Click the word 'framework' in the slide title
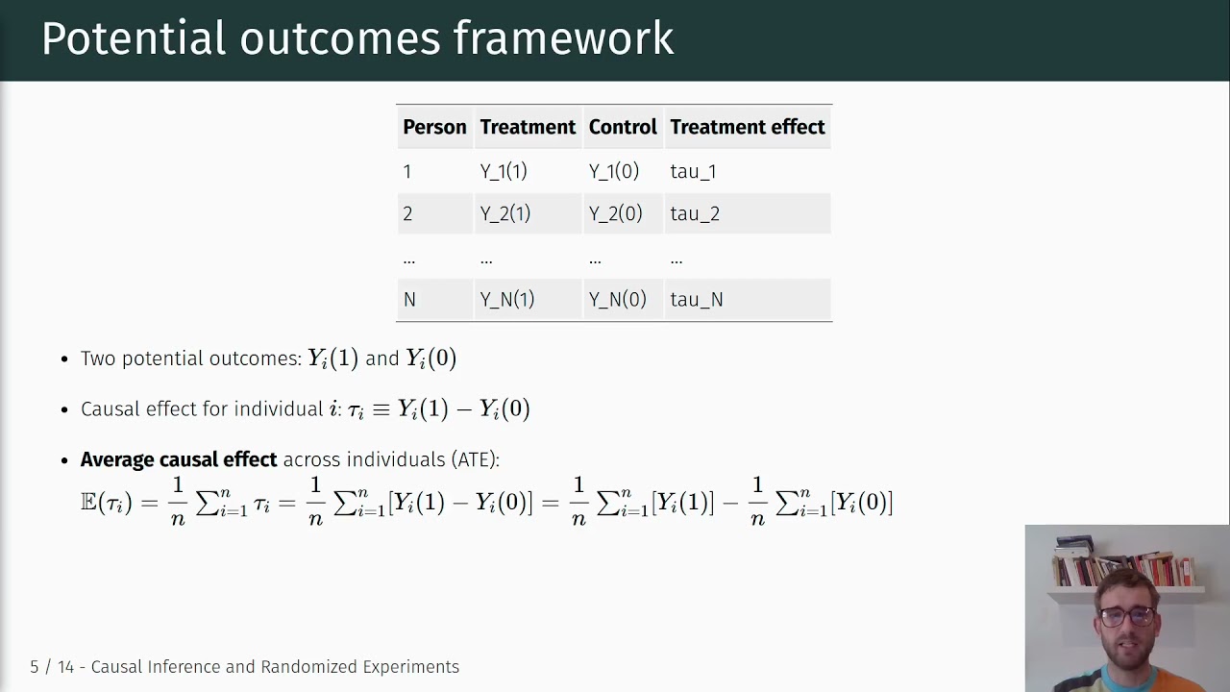[x=563, y=39]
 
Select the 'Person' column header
[x=434, y=127]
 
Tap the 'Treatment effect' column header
[x=747, y=127]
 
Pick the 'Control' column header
[x=623, y=127]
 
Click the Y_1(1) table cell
[x=504, y=171]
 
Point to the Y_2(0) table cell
[x=615, y=213]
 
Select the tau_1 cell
[x=693, y=171]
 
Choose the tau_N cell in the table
[x=696, y=300]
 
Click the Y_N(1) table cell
[x=506, y=300]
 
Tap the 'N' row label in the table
[x=409, y=300]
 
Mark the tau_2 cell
[x=695, y=213]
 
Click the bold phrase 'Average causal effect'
[x=179, y=459]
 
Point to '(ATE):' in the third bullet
[x=475, y=459]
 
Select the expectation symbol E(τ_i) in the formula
[x=106, y=502]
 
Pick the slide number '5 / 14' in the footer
[x=52, y=667]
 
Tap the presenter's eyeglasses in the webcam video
[x=1127, y=616]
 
